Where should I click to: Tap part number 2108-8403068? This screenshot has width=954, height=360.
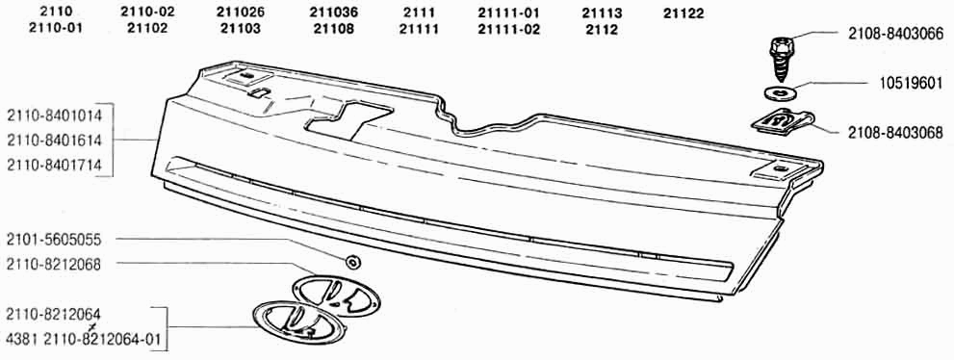coord(895,132)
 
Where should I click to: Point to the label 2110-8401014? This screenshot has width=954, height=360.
coord(54,116)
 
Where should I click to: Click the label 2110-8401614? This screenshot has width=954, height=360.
coord(54,141)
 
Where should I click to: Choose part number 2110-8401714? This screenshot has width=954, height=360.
coord(54,165)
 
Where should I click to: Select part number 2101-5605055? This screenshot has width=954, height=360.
coord(54,241)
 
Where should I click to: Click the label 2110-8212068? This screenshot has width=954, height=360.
coord(54,265)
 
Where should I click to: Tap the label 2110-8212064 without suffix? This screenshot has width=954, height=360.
coord(54,315)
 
